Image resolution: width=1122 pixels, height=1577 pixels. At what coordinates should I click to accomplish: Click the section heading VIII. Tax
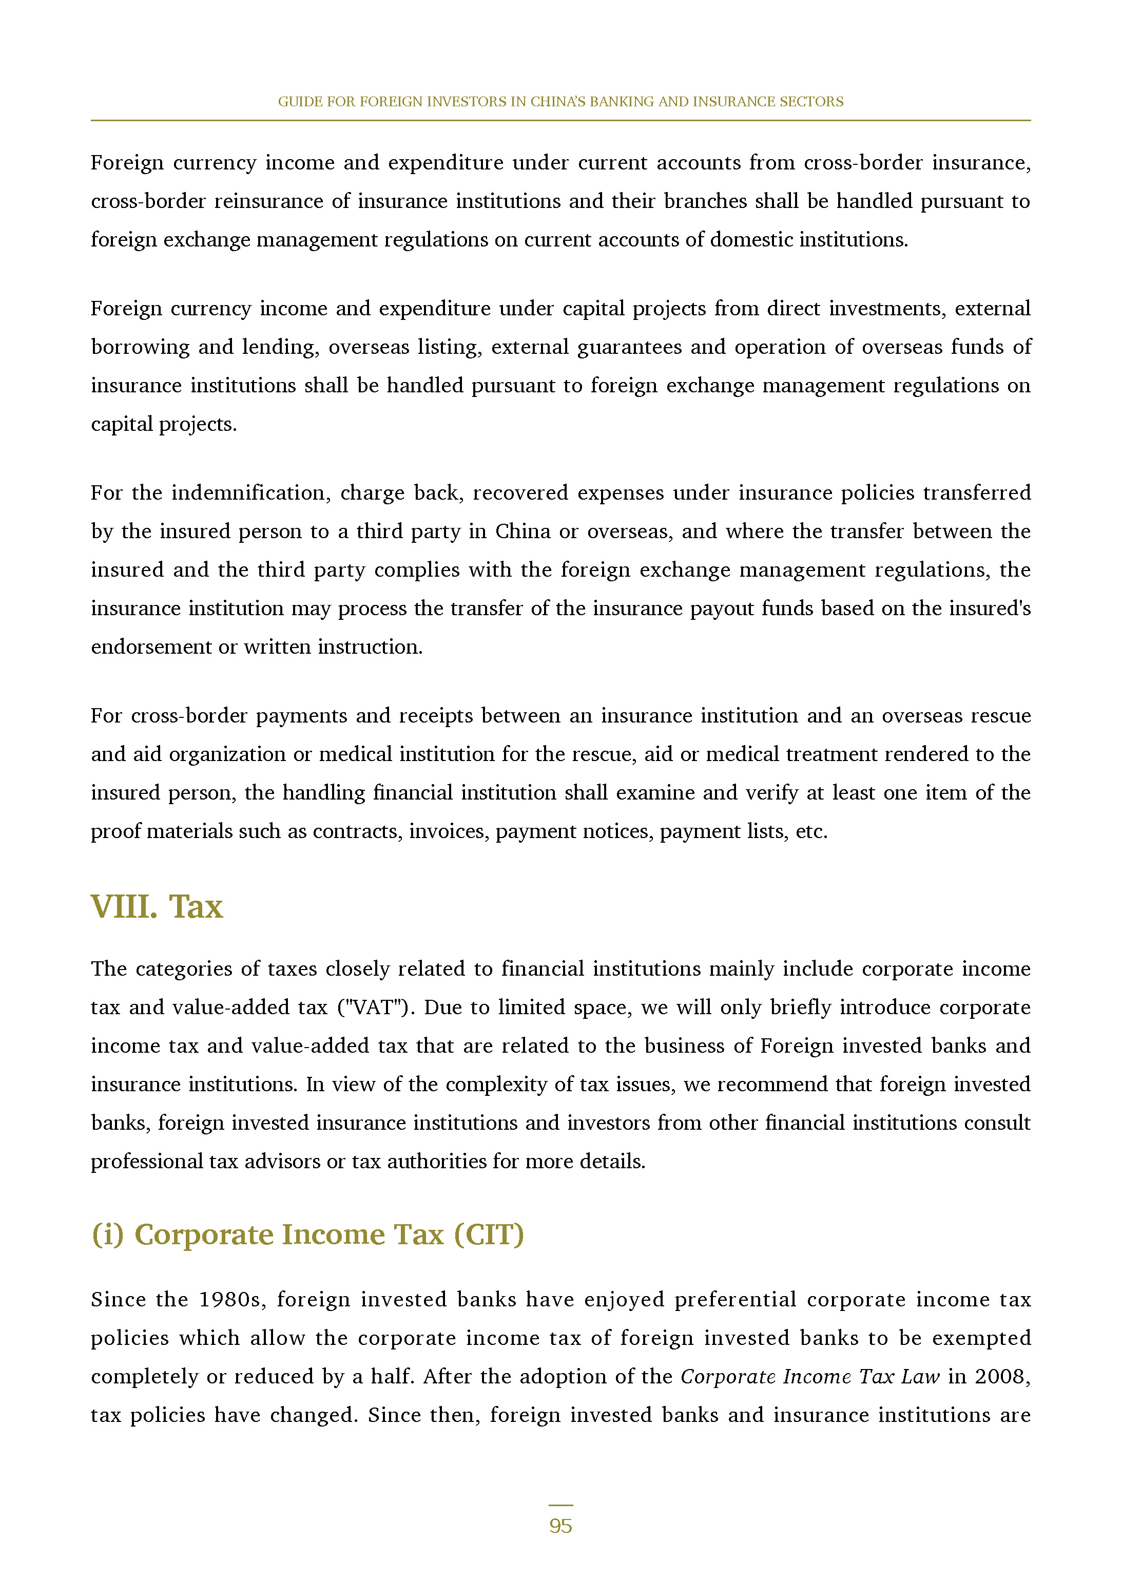(157, 907)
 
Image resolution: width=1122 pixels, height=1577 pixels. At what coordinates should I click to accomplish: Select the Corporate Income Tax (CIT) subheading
(307, 1234)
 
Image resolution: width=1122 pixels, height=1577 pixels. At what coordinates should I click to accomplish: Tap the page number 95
(560, 1526)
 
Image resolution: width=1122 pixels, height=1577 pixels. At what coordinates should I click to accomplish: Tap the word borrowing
(140, 347)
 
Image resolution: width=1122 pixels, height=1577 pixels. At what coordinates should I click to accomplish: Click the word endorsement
(150, 647)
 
